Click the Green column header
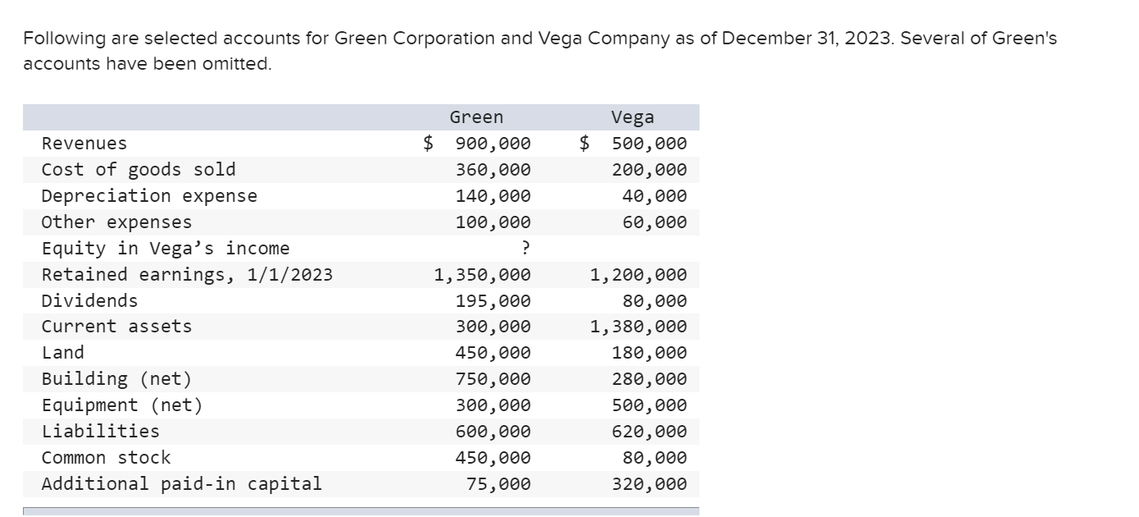[x=476, y=117]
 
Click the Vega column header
[x=632, y=117]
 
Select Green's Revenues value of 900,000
[x=493, y=144]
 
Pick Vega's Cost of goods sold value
[x=649, y=170]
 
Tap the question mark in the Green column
[x=526, y=248]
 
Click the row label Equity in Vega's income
[x=166, y=248]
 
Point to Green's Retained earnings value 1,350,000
[x=482, y=274]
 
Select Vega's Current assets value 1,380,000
[x=639, y=327]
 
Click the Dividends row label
[x=89, y=300]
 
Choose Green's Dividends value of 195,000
[x=493, y=300]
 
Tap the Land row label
[x=63, y=353]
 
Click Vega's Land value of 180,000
[x=649, y=353]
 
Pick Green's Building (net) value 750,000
[x=493, y=379]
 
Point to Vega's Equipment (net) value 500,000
[x=649, y=405]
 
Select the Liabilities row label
[x=101, y=431]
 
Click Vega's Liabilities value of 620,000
[x=649, y=431]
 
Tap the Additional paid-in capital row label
[x=182, y=483]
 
